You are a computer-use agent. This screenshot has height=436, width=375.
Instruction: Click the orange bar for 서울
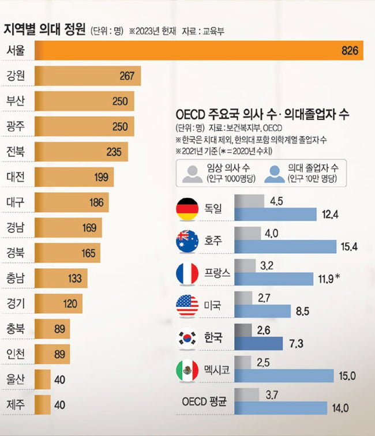pos(196,50)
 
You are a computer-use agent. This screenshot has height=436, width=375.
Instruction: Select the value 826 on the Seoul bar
pos(350,51)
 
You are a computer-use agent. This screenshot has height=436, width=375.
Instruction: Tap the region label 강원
pos(16,76)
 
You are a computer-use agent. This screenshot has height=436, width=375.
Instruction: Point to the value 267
pos(126,76)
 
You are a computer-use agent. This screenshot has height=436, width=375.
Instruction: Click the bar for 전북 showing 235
pos(81,152)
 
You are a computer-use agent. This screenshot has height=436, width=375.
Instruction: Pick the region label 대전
pos(16,177)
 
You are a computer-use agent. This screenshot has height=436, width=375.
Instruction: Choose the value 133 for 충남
pos(75,278)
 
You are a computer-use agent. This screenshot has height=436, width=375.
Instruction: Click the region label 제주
pos(16,404)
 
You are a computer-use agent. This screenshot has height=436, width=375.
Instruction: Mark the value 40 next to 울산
pos(59,379)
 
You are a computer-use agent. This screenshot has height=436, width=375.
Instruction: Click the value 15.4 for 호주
pos(350,247)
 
